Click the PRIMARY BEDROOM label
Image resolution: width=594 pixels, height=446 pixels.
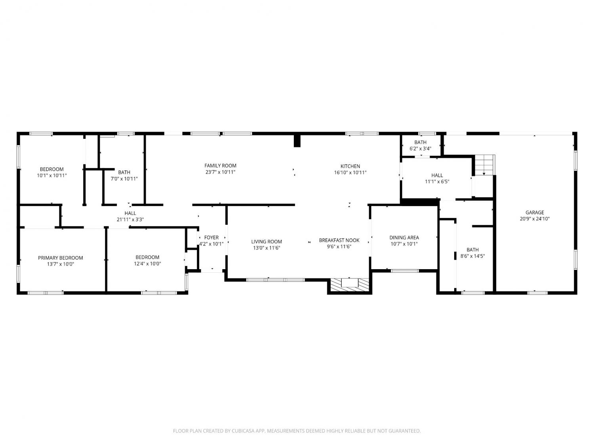click(x=60, y=258)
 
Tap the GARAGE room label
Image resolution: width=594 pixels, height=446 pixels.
click(x=535, y=212)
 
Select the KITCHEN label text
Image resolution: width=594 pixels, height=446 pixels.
click(x=350, y=166)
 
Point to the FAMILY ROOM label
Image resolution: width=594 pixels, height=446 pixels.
click(x=220, y=166)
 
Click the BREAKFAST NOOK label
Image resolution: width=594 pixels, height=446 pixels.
click(x=339, y=240)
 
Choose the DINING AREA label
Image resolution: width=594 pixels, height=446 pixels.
click(x=404, y=237)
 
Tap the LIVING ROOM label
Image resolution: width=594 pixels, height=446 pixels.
click(x=267, y=241)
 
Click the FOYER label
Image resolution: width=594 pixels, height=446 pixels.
click(x=211, y=237)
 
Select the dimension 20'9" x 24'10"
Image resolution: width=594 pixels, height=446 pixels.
click(x=535, y=219)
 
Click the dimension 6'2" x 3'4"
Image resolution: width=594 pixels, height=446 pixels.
click(x=420, y=149)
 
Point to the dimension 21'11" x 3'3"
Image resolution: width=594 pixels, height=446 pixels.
click(x=130, y=220)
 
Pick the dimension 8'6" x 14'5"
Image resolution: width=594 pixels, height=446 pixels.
click(x=472, y=256)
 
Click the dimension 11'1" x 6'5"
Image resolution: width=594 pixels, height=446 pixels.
click(x=437, y=182)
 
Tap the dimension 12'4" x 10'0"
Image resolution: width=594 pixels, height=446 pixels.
click(x=147, y=264)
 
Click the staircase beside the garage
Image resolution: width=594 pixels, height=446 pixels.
click(x=485, y=165)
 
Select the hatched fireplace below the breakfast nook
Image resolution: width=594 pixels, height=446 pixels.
click(x=350, y=285)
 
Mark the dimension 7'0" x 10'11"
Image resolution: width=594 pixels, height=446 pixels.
click(x=124, y=179)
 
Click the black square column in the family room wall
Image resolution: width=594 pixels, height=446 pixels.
click(x=297, y=141)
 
